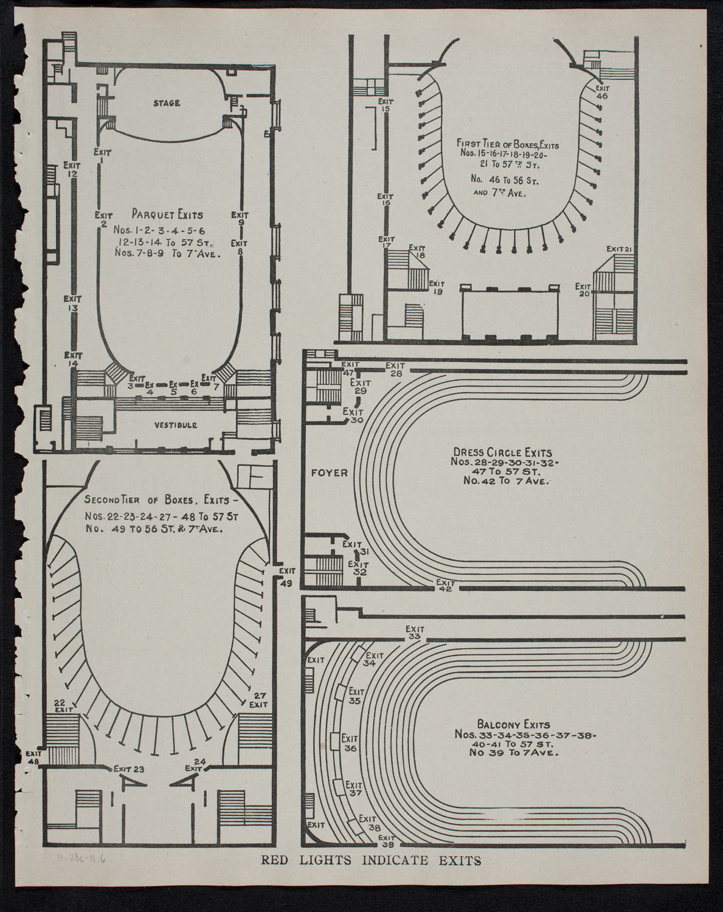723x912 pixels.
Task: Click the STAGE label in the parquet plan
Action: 166,103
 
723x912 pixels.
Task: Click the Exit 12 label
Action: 72,169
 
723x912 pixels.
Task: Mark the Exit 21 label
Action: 620,249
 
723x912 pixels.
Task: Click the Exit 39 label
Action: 386,841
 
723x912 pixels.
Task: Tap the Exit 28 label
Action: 395,369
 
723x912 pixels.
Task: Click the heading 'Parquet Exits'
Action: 167,214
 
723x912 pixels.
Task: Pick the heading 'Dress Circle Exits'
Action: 502,452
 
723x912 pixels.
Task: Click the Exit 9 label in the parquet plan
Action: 240,218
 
